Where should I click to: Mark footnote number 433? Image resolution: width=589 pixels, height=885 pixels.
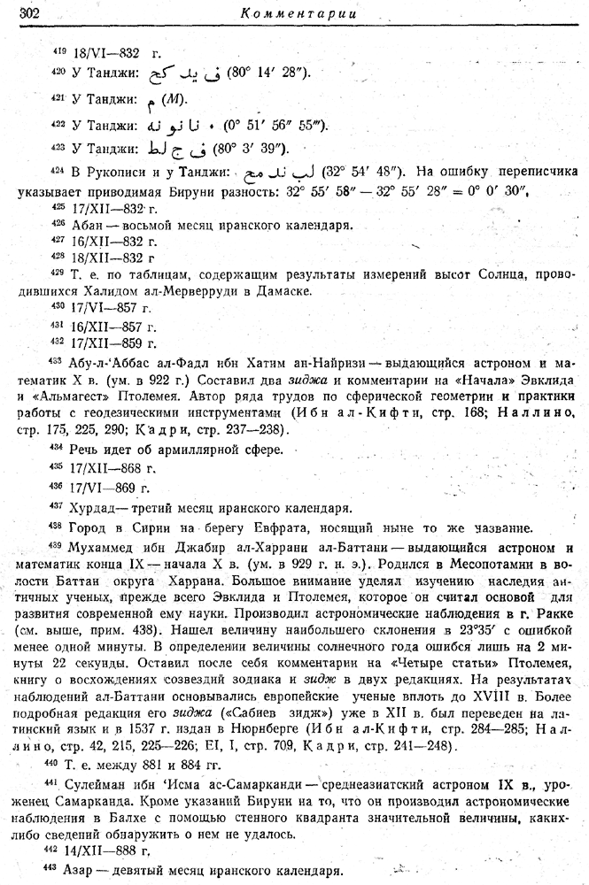pos(58,361)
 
